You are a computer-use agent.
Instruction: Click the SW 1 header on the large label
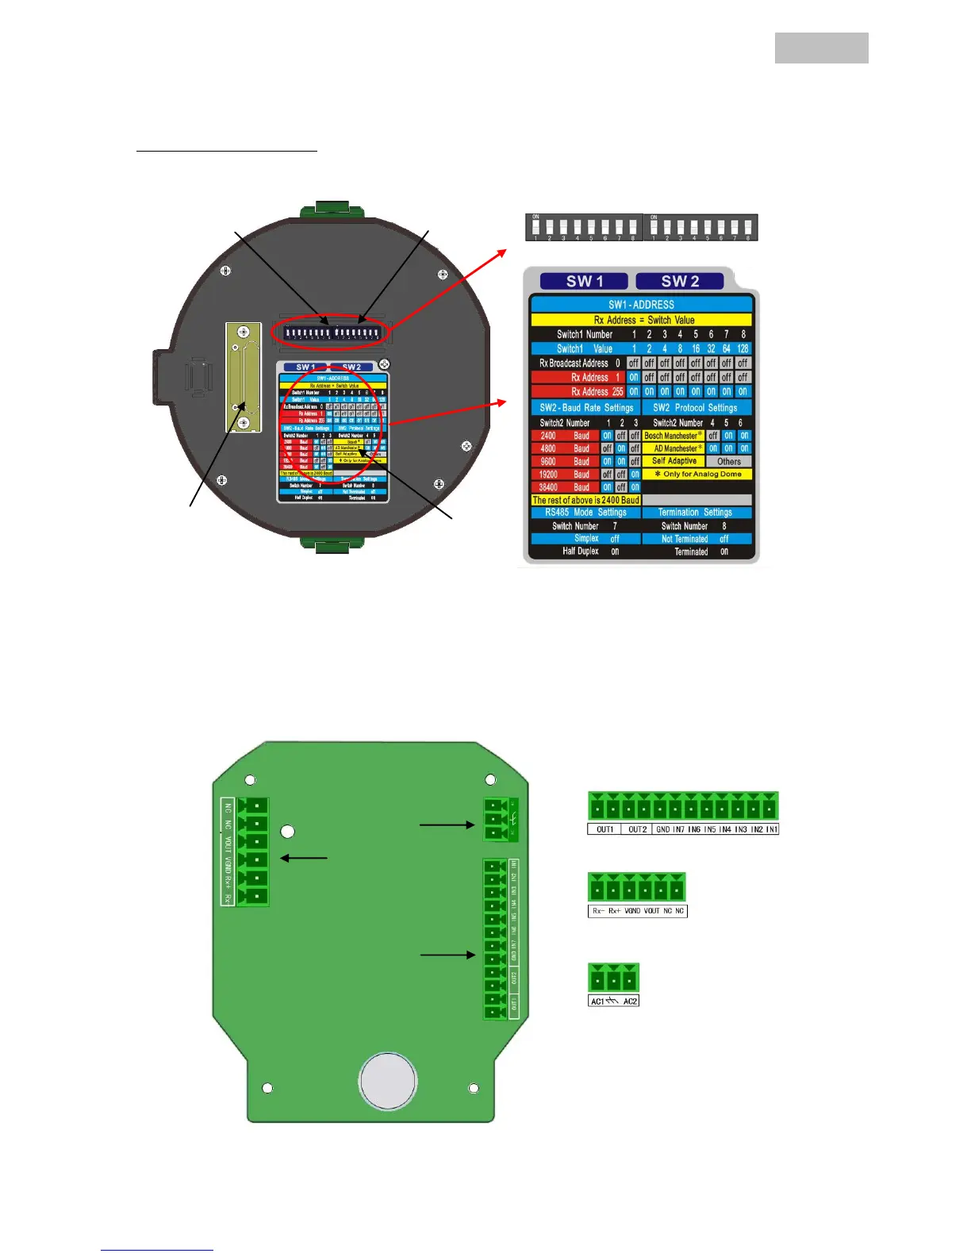point(584,281)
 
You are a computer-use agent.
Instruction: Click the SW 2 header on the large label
point(680,281)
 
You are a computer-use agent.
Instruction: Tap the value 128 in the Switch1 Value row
point(743,348)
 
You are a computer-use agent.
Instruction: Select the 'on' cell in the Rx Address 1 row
point(634,378)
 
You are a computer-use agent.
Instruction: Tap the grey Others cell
point(728,461)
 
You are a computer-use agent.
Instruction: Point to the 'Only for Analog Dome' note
point(697,474)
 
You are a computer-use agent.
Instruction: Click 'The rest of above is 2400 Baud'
point(585,500)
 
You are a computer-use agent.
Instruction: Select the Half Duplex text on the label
point(581,552)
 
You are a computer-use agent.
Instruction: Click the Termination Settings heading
point(695,513)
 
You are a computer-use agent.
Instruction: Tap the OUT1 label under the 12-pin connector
point(604,829)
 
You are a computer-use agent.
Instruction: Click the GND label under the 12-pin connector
point(663,829)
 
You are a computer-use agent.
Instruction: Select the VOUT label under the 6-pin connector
point(651,911)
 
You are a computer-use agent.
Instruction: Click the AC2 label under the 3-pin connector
point(630,1001)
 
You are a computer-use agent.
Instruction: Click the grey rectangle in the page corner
point(821,48)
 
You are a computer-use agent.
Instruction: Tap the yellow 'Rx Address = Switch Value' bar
point(641,320)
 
